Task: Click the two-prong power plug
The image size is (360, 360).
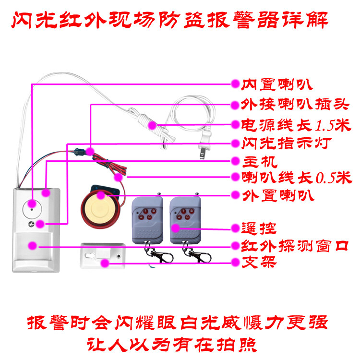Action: tap(204, 146)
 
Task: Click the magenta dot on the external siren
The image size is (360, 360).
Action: tap(101, 195)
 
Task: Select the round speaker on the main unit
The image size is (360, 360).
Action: tap(32, 208)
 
